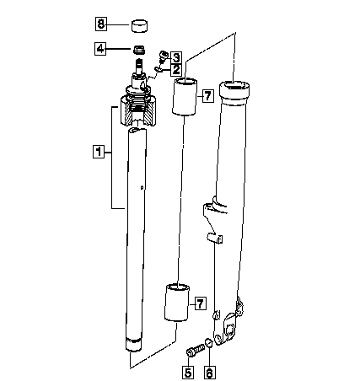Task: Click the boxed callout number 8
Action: coord(101,24)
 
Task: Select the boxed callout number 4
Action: coord(100,49)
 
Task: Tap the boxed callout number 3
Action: coord(176,58)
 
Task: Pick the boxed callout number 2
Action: coord(176,69)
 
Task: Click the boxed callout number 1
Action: coord(99,152)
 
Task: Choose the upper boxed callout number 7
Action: coord(207,96)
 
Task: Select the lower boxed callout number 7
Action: coord(201,303)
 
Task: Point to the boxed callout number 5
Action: coord(188,373)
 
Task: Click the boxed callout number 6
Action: coord(209,373)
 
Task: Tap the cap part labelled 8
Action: coord(139,26)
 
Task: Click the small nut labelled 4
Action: coord(139,50)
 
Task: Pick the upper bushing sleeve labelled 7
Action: coord(185,97)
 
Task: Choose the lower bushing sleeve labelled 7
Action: coord(177,303)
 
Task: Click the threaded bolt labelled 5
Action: coord(196,351)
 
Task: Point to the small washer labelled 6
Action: coord(209,343)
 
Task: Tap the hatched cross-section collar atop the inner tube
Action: coord(138,110)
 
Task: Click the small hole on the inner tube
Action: coord(142,187)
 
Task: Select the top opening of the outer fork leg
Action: coord(234,85)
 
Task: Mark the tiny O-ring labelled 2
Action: coord(158,68)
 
